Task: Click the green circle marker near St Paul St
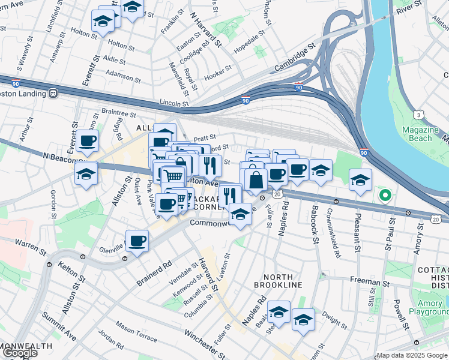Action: point(384,195)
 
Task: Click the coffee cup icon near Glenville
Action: point(137,241)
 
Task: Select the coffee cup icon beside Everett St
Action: point(88,141)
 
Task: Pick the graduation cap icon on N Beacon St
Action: point(86,173)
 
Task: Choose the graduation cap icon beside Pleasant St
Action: point(360,179)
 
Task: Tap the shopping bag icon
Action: point(256,179)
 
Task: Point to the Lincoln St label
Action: point(174,103)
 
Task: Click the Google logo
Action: point(19,353)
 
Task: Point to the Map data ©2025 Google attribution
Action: point(412,355)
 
